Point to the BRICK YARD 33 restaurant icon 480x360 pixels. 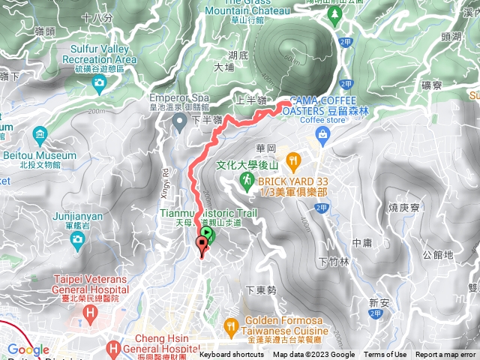click(x=293, y=159)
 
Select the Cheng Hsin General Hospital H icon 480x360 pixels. click(x=113, y=348)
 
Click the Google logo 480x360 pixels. click(x=28, y=350)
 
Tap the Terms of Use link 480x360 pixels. click(x=385, y=355)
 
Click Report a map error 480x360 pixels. click(x=445, y=355)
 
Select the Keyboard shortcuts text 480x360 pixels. click(x=232, y=355)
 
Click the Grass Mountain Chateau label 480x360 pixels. click(x=247, y=7)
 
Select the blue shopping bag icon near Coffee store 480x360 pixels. click(x=322, y=133)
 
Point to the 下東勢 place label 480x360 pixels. click(x=261, y=289)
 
